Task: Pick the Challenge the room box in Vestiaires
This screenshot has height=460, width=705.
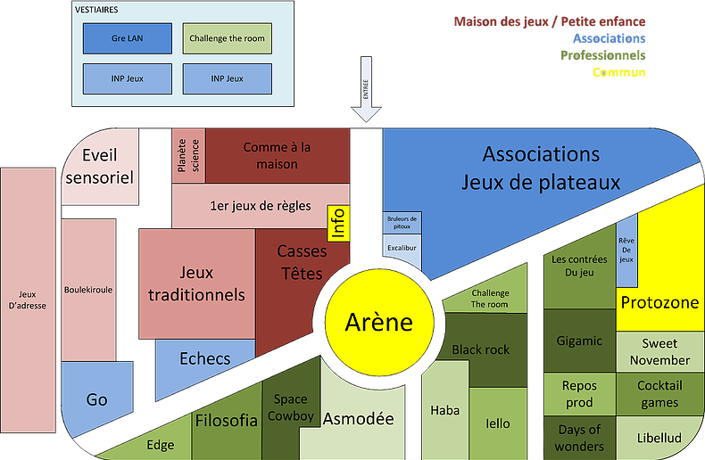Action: tap(228, 38)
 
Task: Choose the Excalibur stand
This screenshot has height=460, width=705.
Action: tap(402, 248)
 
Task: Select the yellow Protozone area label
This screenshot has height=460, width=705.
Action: tap(659, 302)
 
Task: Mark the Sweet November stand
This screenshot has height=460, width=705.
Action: tap(659, 352)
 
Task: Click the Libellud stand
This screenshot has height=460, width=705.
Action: tap(659, 437)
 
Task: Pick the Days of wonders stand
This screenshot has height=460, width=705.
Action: tap(580, 437)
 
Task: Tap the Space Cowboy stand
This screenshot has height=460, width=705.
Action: tap(291, 408)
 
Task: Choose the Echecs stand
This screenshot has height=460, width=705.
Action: tap(204, 358)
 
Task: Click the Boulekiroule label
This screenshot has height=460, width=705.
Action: tap(88, 289)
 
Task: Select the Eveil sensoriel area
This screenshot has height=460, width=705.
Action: tap(100, 167)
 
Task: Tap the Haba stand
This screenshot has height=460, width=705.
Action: tap(444, 411)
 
